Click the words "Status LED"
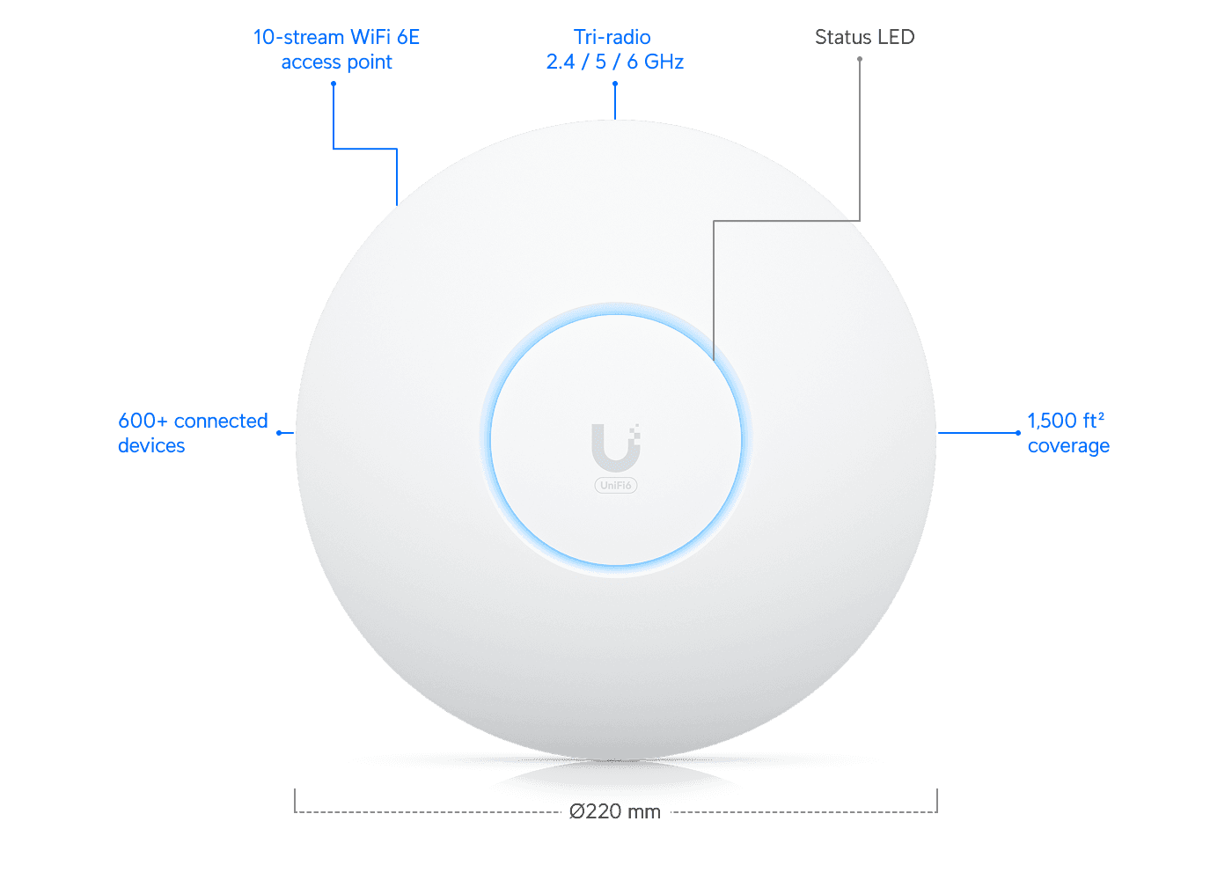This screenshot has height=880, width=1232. point(865,37)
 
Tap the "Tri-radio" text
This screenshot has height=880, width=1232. point(613,37)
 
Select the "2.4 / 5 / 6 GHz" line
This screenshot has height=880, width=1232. point(615,62)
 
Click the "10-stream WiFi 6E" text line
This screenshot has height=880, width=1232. point(336,37)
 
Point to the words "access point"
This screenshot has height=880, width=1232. point(336,62)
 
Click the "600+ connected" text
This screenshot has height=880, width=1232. point(193,421)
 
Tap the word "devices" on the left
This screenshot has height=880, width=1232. point(151,445)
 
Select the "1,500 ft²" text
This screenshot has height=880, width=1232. point(1066,421)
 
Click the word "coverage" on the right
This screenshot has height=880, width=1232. point(1068,446)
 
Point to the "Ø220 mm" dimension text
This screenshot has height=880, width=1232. point(615,811)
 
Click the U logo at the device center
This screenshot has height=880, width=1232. point(613,447)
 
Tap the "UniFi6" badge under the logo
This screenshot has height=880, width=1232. point(616,486)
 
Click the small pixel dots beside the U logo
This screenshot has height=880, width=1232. point(635,431)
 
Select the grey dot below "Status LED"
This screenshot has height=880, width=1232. point(860,60)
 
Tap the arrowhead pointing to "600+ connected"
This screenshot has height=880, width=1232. point(278,433)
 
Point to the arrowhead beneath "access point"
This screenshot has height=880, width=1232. point(334,83)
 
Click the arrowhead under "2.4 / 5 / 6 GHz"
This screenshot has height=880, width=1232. point(614,83)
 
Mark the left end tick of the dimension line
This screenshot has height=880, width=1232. point(295,801)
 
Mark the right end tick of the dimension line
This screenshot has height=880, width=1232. point(937,801)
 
